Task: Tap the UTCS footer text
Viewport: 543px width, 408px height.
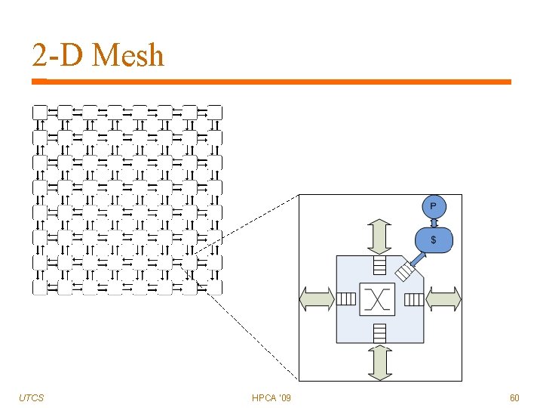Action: click(x=32, y=397)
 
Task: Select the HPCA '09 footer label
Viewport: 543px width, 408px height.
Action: click(x=272, y=397)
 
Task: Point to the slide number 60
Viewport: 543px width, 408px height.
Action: click(x=514, y=397)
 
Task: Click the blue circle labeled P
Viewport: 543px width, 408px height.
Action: click(x=433, y=206)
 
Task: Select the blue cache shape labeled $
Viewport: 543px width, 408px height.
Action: click(x=433, y=240)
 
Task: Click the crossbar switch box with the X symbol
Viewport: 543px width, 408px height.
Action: click(x=379, y=299)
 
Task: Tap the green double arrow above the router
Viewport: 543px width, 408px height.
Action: click(x=379, y=236)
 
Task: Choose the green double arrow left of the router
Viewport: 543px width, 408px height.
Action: click(x=317, y=299)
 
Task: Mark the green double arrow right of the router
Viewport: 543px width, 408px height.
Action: click(x=443, y=299)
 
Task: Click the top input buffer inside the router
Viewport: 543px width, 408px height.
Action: click(x=379, y=265)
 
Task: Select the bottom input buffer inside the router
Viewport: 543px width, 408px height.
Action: click(x=379, y=332)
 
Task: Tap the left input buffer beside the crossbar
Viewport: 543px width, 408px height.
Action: click(x=346, y=299)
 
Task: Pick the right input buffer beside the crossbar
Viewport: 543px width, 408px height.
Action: click(x=413, y=299)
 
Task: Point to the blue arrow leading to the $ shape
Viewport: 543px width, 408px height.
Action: click(x=417, y=257)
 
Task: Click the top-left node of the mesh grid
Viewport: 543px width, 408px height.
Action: click(x=40, y=113)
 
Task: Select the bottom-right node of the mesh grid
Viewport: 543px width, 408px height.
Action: click(x=214, y=287)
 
